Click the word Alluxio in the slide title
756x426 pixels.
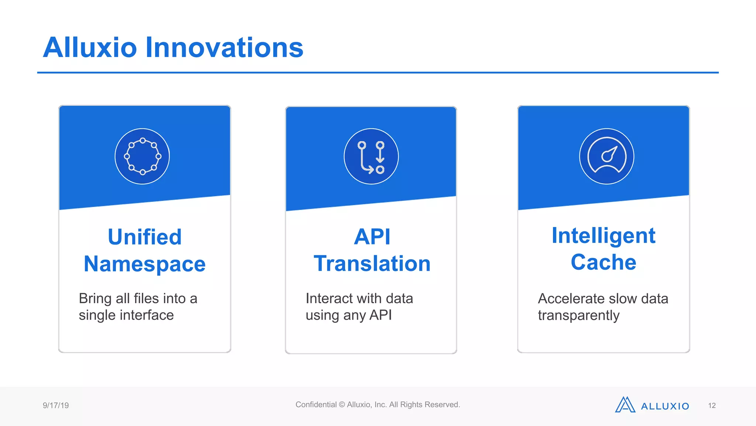pos(90,48)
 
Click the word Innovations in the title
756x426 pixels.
pos(224,48)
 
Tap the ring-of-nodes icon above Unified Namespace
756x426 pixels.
pos(142,156)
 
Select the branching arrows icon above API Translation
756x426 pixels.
pos(371,156)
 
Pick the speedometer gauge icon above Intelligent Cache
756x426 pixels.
pos(606,156)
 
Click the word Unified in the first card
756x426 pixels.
pos(145,237)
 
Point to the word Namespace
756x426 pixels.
pos(145,264)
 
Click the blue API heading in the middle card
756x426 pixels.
pos(372,237)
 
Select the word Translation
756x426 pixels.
pos(372,264)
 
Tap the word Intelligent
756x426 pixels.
pos(603,236)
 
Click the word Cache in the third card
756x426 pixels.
pos(603,262)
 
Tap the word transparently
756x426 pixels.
pos(578,315)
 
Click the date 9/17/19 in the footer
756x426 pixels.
pos(56,405)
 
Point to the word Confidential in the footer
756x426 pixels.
pos(316,405)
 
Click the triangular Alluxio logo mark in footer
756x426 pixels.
pos(625,405)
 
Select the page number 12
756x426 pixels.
pos(712,406)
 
